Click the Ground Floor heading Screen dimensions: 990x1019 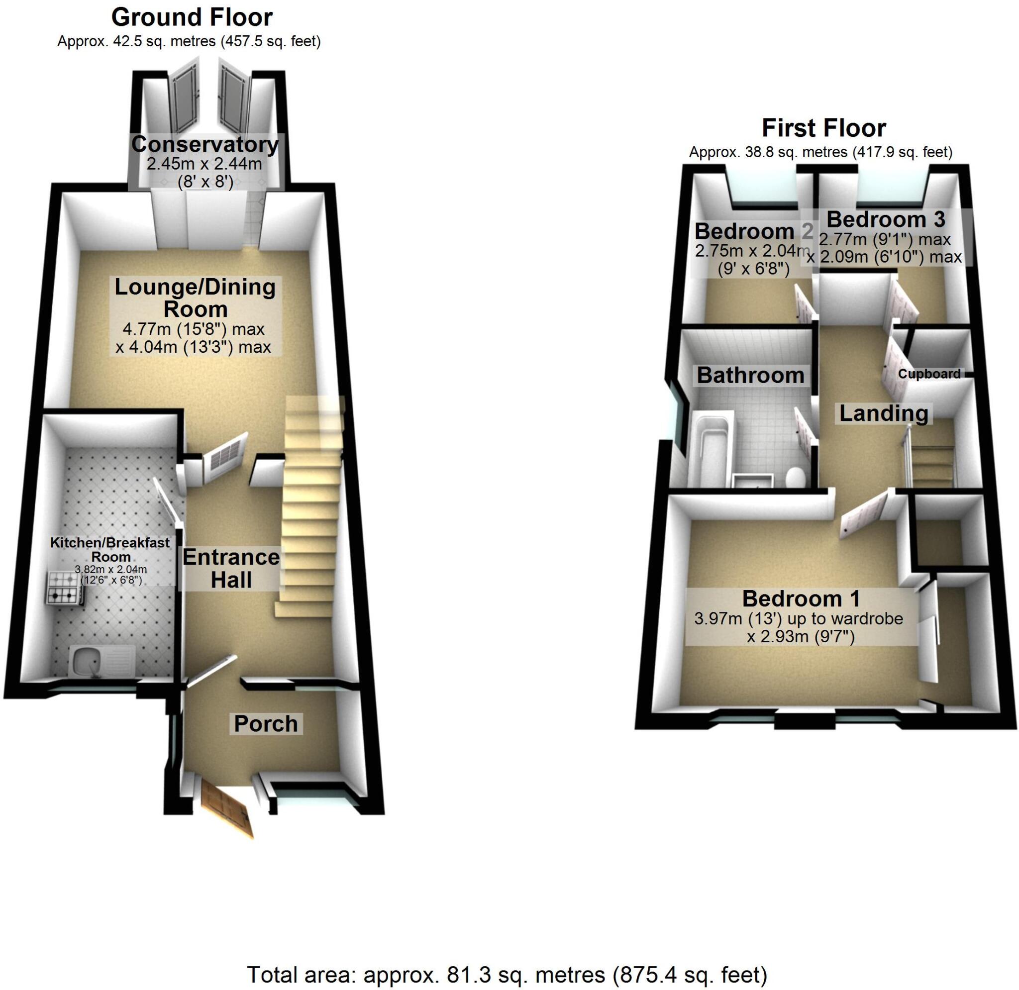(x=192, y=18)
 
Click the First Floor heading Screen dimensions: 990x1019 (x=823, y=128)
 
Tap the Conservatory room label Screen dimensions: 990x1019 (x=205, y=145)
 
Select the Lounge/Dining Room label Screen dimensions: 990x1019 (x=195, y=298)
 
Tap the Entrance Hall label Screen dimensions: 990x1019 (x=231, y=568)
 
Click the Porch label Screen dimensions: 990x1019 (x=266, y=724)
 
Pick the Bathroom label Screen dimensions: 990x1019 (x=750, y=376)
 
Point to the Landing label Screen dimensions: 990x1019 (x=884, y=413)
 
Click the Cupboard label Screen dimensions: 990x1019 (x=929, y=374)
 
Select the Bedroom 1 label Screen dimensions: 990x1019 (x=801, y=599)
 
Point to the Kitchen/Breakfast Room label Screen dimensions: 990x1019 (x=110, y=549)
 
